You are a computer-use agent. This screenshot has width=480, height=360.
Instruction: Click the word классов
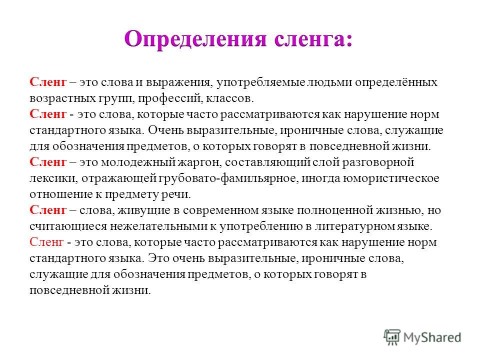230,98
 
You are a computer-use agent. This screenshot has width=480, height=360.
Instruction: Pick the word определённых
396,82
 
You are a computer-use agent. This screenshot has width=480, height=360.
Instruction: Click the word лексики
53,178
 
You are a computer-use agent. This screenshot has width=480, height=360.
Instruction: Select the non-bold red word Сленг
46,242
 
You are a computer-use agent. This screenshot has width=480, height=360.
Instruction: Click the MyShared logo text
432,337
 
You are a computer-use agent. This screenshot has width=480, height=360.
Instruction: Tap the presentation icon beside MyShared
392,337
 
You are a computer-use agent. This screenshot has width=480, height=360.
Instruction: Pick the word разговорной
378,162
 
